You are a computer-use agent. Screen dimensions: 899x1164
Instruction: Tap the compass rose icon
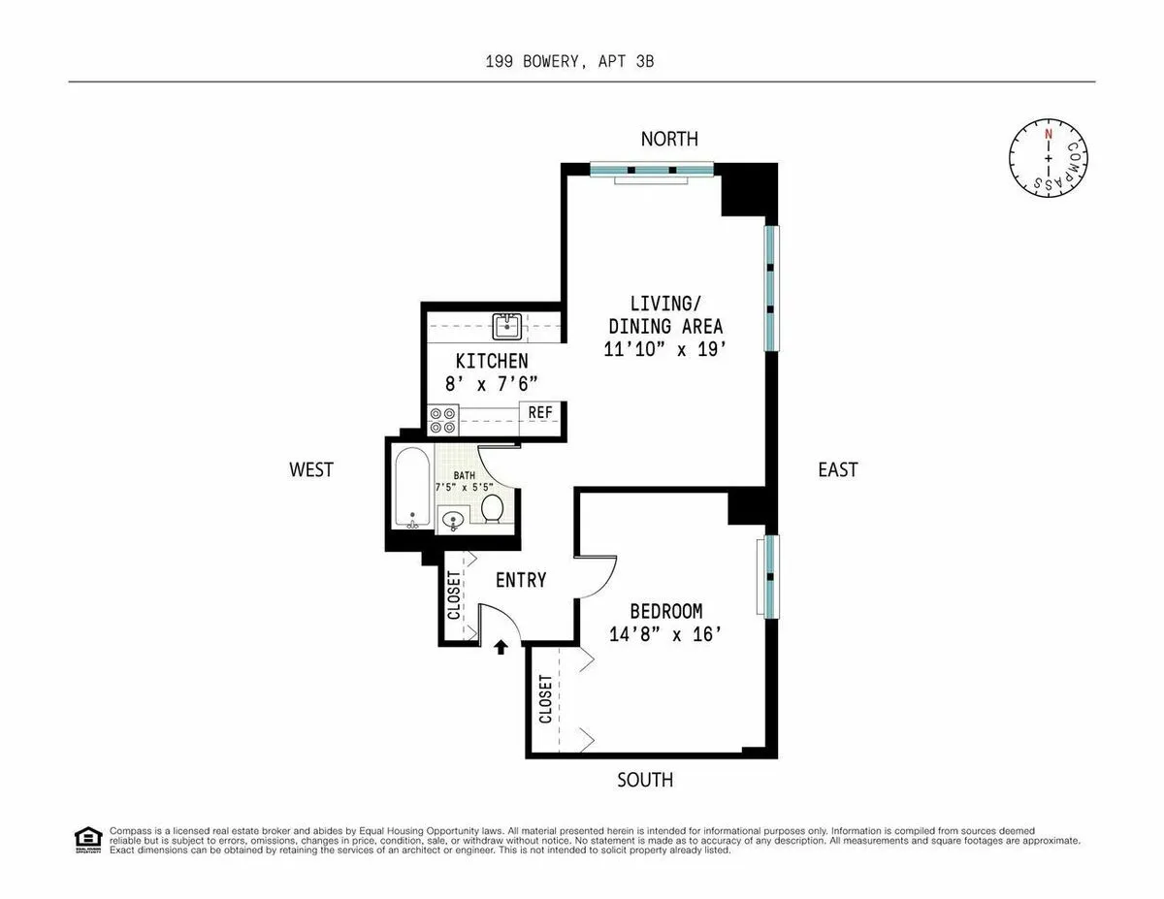pos(1048,157)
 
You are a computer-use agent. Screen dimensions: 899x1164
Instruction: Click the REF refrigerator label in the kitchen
pos(540,413)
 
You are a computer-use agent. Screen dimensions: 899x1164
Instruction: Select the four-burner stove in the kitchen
pos(443,420)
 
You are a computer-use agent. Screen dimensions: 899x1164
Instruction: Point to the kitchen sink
pos(507,327)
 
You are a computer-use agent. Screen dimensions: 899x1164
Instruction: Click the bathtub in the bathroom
pos(411,486)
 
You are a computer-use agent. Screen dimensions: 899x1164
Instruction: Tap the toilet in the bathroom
pos(492,507)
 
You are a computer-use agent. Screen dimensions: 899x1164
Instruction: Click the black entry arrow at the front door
pos(501,647)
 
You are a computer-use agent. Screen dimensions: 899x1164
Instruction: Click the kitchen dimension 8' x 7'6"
pos(492,383)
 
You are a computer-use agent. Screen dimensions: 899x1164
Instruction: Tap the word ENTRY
pos(521,580)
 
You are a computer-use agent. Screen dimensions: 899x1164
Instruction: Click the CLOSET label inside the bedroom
pos(545,699)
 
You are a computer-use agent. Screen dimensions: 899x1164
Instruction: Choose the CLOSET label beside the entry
pos(453,594)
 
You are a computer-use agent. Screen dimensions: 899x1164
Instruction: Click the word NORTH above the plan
pos(668,140)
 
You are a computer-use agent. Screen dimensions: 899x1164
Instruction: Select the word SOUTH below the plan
pos(645,780)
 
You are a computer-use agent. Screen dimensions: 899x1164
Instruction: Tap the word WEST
pos(311,469)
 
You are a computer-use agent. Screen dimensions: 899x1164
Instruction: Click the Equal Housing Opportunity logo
pos(87,839)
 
